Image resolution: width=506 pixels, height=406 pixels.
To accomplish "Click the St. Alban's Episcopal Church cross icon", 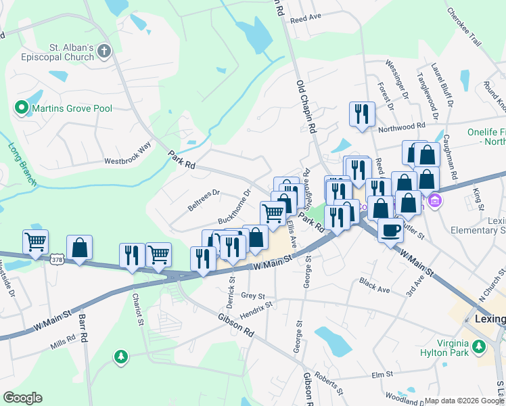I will (103, 51).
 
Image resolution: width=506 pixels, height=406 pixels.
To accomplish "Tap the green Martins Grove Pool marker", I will (21, 108).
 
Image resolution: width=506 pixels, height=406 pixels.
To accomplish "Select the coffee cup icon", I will (390, 230).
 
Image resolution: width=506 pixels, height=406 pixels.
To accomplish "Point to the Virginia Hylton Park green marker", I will (480, 347).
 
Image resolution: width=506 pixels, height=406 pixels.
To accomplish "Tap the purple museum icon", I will (434, 200).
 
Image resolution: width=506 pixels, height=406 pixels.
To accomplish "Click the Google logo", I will (23, 398).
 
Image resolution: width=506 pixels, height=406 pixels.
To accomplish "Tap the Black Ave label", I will (375, 284).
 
